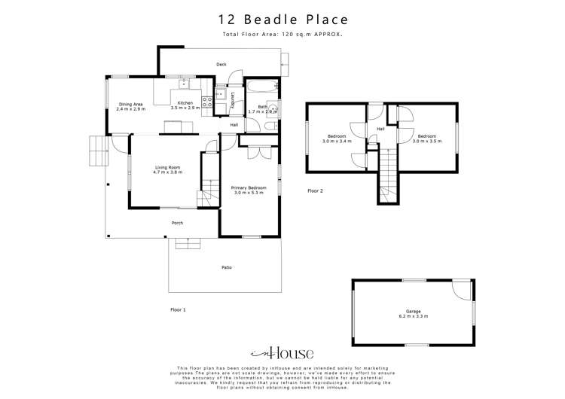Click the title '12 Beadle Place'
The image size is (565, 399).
tap(282, 20)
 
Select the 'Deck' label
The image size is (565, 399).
tap(221, 65)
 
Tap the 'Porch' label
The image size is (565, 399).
tap(177, 223)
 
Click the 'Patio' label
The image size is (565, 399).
tap(226, 267)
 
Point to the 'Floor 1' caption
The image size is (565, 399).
tap(178, 309)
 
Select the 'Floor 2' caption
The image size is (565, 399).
tap(315, 191)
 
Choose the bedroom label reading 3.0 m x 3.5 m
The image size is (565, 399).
tap(427, 139)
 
